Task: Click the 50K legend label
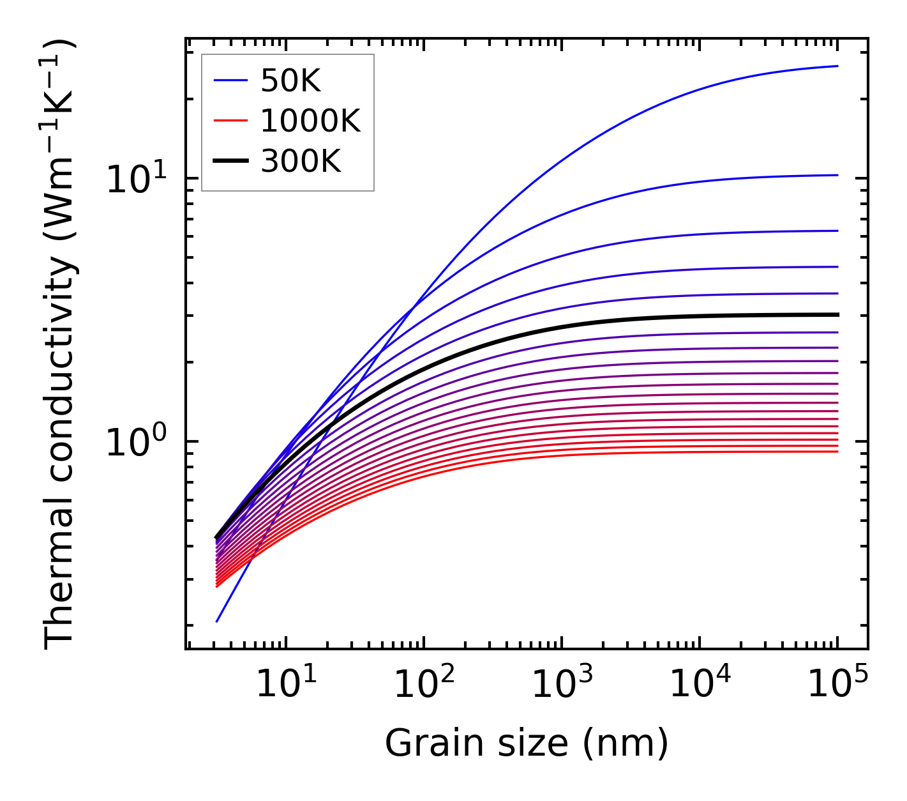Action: click(290, 80)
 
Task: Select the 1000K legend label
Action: click(310, 121)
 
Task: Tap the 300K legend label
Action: click(301, 162)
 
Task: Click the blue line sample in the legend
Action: click(230, 80)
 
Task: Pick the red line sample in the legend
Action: click(230, 121)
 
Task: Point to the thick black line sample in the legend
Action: click(230, 162)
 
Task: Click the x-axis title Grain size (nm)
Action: click(527, 744)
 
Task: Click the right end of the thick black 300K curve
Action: click(837, 314)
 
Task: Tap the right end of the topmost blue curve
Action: click(837, 66)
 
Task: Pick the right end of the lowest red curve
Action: click(837, 452)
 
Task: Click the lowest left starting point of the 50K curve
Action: click(217, 621)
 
